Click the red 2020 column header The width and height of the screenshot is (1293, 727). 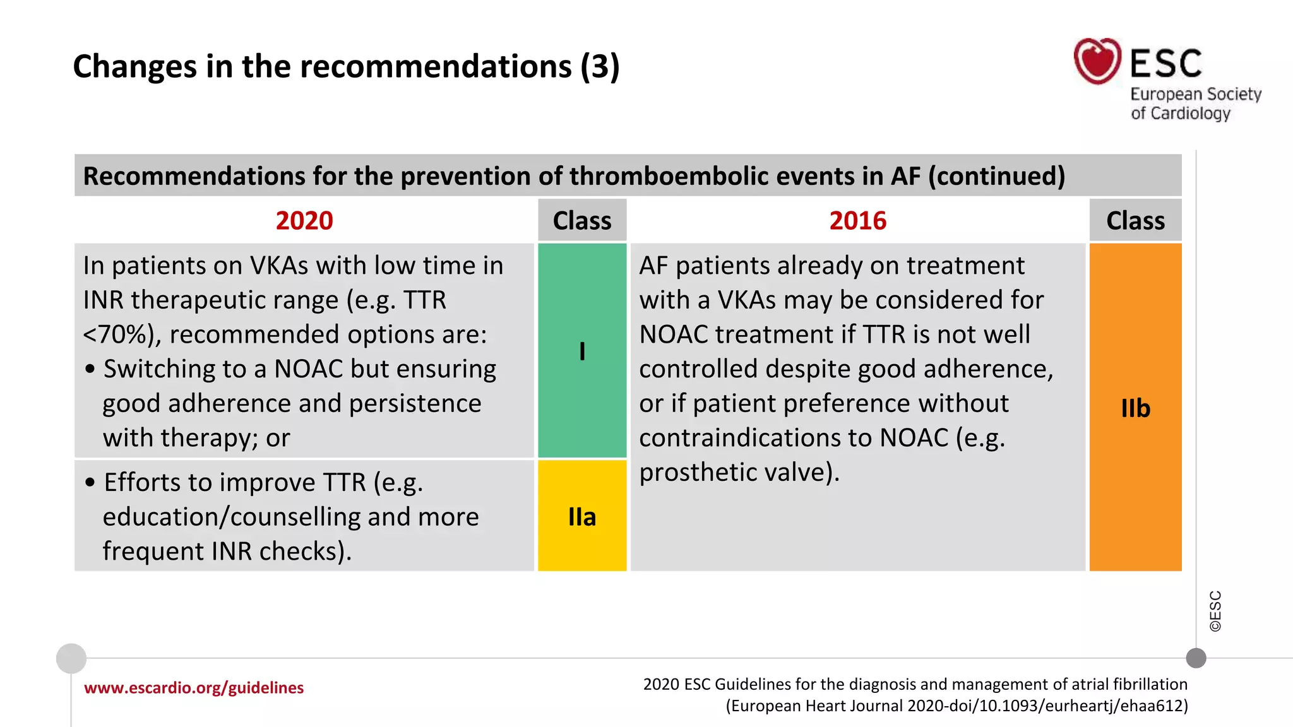(x=304, y=221)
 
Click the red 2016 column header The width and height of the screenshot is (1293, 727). (x=857, y=221)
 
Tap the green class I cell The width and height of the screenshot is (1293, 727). (x=582, y=351)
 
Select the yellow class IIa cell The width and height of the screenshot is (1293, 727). (x=582, y=516)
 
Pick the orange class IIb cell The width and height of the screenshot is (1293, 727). (x=1135, y=408)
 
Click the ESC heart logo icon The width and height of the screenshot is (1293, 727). (x=1097, y=61)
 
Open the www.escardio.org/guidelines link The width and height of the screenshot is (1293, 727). (x=194, y=687)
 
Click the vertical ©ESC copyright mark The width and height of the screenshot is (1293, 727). (x=1215, y=611)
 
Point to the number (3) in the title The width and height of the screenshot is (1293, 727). (x=600, y=66)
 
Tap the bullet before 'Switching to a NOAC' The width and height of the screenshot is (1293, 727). (x=90, y=369)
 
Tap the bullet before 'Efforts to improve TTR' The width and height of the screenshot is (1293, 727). (x=90, y=483)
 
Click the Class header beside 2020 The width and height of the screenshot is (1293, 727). (x=582, y=221)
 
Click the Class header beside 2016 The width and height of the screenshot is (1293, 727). (x=1135, y=221)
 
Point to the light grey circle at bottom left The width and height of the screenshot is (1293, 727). (x=71, y=658)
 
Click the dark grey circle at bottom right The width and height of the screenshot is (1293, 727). (x=1196, y=658)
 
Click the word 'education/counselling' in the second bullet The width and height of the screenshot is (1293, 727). (x=232, y=517)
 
